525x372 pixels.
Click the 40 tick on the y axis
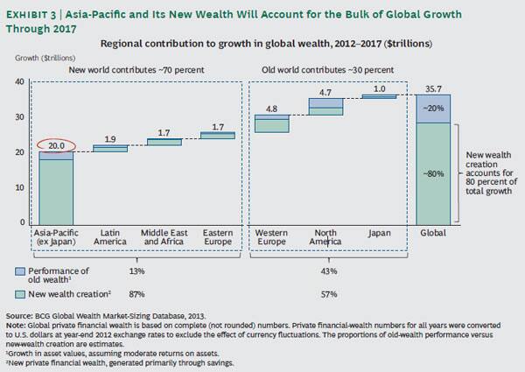pyautogui.click(x=19, y=81)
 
